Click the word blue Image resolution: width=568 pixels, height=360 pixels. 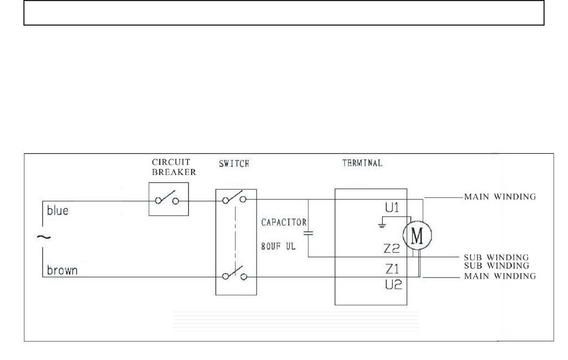point(57,212)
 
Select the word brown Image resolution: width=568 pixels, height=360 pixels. point(62,271)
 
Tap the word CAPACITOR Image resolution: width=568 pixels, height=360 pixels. point(282,222)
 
